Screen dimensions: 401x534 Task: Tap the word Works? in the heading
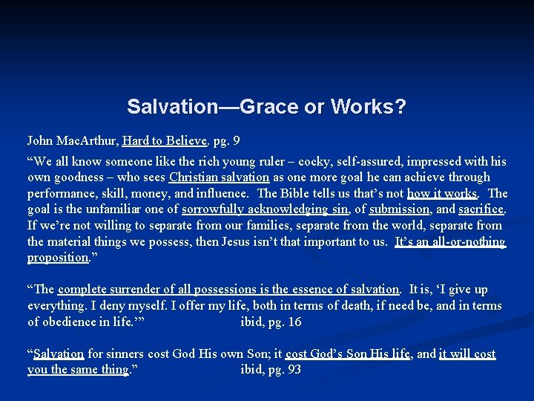[x=368, y=107]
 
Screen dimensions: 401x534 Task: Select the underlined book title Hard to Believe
[x=164, y=140]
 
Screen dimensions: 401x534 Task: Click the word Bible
[x=301, y=193]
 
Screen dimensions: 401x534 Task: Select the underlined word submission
[x=399, y=209]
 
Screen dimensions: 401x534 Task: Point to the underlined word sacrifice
[x=481, y=209]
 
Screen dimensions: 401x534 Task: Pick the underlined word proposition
[x=57, y=258]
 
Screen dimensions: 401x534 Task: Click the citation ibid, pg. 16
[x=271, y=322]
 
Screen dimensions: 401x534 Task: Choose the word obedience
[x=70, y=322]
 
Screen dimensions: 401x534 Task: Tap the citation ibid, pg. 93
[x=271, y=370]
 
